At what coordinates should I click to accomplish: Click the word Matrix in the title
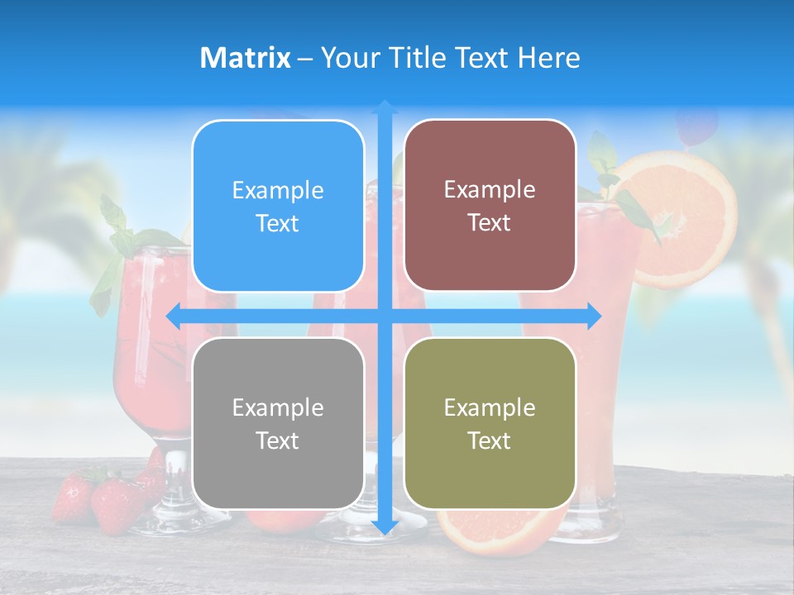[245, 58]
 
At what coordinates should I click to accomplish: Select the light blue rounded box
[278, 206]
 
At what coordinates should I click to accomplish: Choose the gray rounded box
[278, 423]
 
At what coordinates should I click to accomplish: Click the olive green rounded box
[490, 423]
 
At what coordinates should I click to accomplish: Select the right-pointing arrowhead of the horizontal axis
[594, 317]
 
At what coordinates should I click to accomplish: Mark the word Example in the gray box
[278, 407]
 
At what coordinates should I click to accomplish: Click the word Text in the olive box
[490, 440]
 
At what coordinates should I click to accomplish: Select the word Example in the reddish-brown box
[490, 189]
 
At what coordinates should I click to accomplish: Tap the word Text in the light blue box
[278, 223]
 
